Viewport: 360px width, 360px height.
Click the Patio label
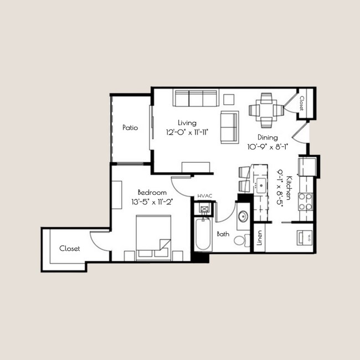point(130,128)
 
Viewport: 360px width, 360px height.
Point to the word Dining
point(268,137)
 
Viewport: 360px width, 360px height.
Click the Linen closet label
point(259,238)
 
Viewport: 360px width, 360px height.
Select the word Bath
point(223,234)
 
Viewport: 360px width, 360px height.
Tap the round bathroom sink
point(243,217)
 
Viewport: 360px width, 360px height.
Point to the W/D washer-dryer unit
point(305,238)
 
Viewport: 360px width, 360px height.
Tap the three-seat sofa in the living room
point(195,99)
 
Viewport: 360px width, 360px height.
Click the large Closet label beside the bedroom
point(70,249)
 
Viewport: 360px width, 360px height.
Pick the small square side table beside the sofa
point(229,99)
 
